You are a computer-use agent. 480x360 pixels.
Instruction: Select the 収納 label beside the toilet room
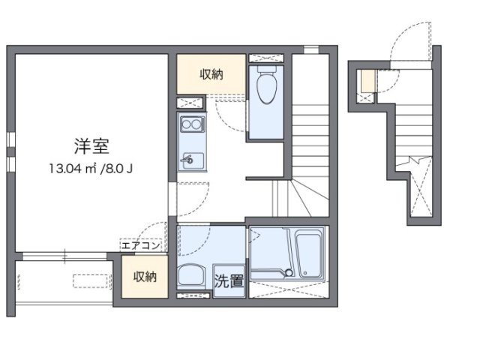click(x=211, y=73)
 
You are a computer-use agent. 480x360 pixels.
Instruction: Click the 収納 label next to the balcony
click(x=145, y=277)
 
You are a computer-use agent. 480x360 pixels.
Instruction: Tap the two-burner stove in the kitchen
click(x=191, y=124)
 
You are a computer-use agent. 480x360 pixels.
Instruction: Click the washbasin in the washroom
click(x=191, y=276)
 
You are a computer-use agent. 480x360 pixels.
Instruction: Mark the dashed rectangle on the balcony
click(x=89, y=281)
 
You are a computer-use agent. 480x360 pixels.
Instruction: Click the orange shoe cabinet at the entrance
click(x=367, y=79)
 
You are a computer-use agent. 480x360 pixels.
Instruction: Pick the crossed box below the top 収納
click(x=191, y=102)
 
